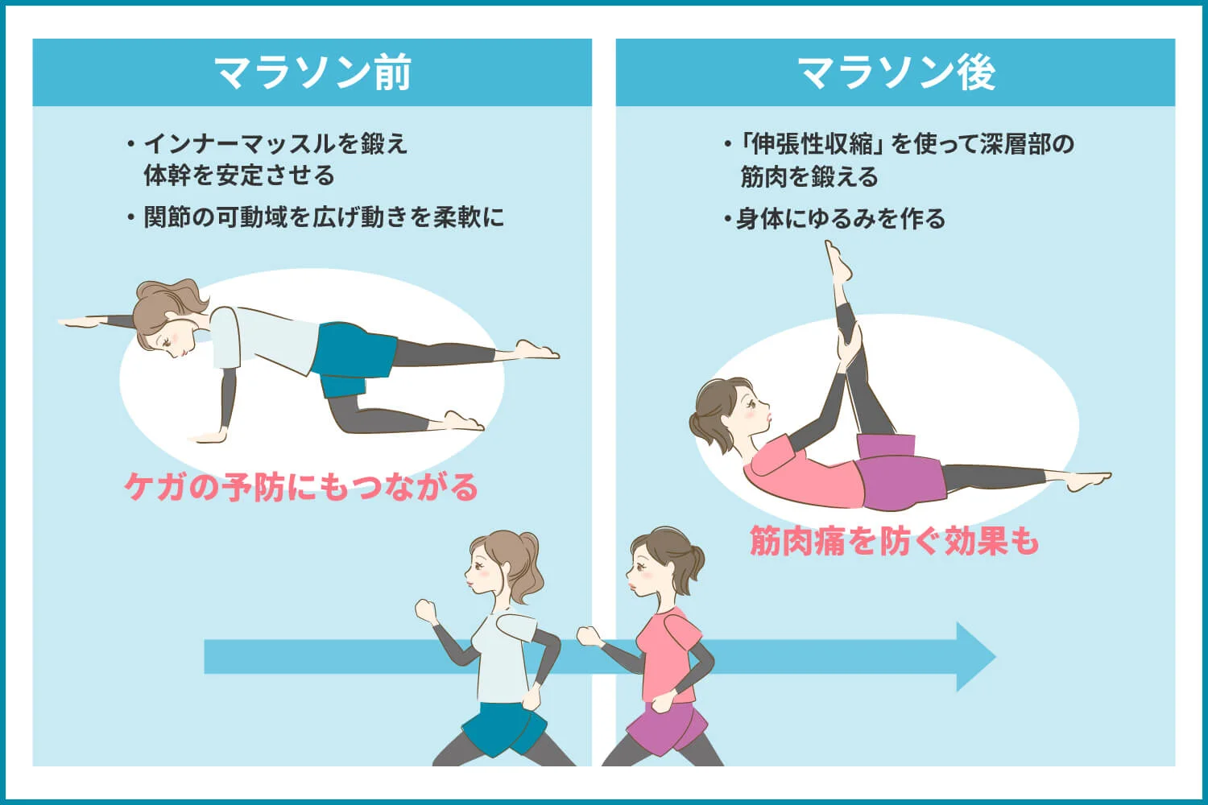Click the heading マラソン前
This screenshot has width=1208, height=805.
(x=312, y=72)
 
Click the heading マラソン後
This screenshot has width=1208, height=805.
(x=896, y=72)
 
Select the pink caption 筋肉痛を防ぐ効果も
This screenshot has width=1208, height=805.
(x=894, y=541)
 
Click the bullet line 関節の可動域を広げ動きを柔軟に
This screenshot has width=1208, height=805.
(x=323, y=217)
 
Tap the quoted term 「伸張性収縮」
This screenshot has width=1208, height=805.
(x=813, y=144)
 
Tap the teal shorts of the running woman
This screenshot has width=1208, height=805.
(x=503, y=729)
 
